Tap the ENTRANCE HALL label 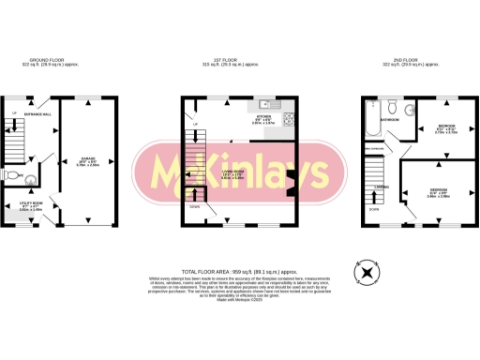pos(37,113)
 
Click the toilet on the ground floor pos(12,175)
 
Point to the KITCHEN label pos(262,117)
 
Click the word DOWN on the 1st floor pos(193,204)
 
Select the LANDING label pos(382,187)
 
